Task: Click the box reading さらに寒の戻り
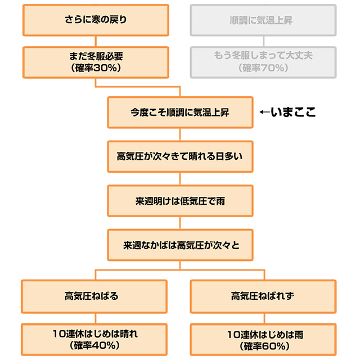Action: point(96,20)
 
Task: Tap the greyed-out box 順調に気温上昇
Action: point(264,20)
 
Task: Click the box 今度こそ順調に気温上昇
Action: point(180,112)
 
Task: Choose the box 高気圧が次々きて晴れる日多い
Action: point(180,156)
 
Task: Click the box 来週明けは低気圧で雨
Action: point(180,201)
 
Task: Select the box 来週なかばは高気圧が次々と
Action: point(180,245)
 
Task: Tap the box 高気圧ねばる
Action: point(96,295)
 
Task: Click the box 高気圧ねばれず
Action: point(264,295)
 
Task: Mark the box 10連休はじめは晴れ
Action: point(96,339)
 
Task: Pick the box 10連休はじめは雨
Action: point(264,339)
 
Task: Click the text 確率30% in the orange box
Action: point(96,68)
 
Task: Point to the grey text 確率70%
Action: point(264,68)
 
